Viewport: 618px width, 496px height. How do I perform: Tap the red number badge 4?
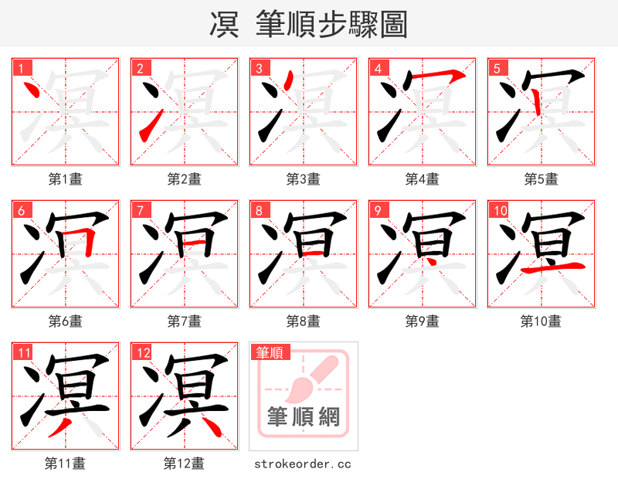(378, 69)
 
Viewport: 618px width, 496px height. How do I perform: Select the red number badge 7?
(140, 211)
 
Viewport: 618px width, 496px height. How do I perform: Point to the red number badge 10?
(499, 211)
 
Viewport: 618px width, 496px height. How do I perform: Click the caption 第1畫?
(65, 179)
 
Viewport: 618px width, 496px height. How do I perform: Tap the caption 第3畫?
(303, 179)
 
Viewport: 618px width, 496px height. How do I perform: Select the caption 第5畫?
(541, 179)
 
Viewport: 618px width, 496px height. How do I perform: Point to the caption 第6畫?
(65, 321)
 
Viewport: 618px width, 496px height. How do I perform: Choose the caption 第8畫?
(303, 321)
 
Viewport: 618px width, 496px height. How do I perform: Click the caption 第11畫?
(65, 464)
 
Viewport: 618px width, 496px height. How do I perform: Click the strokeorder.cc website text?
(303, 464)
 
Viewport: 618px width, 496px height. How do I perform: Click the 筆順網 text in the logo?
(303, 417)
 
